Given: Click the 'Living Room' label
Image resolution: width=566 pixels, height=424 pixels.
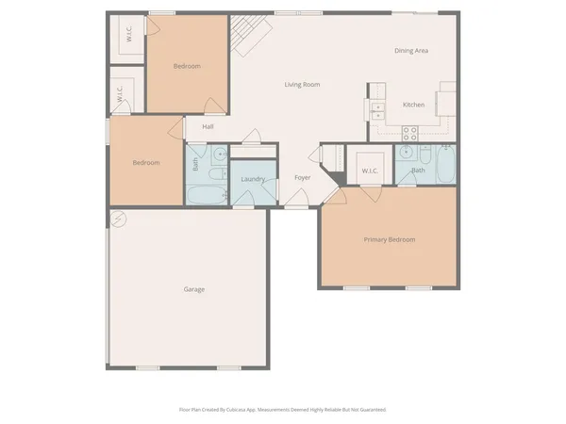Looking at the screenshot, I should point(302,85).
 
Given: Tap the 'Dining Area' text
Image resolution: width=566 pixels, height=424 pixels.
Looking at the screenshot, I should point(411,50).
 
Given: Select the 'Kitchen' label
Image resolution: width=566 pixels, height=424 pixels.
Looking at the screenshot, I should point(413,105).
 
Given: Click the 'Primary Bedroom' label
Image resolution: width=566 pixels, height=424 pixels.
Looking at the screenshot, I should point(390,239).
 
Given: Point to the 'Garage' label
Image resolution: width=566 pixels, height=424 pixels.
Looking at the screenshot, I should point(193,289).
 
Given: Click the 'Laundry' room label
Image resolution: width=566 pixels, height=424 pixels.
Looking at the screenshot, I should point(253,179).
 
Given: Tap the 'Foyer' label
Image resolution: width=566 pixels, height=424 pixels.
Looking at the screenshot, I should point(302,177).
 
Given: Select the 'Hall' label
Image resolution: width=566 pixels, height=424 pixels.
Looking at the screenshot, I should point(207,126).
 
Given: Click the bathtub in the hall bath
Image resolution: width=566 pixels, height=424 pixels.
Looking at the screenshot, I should point(207,195).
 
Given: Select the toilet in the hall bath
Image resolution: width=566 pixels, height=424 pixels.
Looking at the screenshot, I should point(216,174).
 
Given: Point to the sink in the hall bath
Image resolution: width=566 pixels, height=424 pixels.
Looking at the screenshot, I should point(219,154).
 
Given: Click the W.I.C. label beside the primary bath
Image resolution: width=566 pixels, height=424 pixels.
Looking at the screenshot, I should point(370,171).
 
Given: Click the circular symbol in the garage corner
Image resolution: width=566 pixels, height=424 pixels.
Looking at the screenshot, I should point(118,220).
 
